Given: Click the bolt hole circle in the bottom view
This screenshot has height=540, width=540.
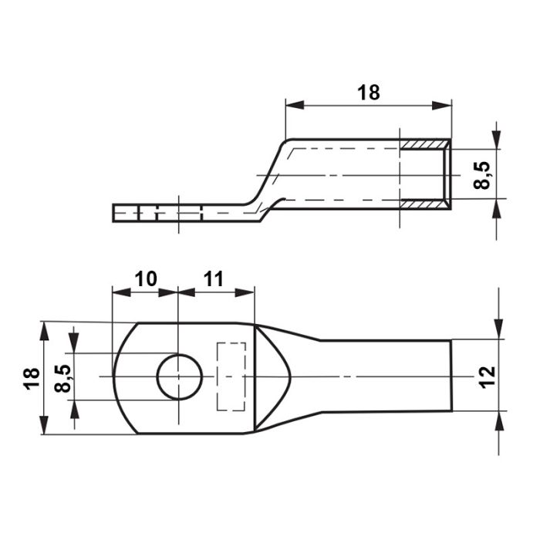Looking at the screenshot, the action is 157,377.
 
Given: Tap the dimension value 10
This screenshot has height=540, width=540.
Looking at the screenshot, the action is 146,279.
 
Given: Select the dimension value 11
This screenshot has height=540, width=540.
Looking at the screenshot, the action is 214,279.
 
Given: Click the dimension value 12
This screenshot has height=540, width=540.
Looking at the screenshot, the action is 488,378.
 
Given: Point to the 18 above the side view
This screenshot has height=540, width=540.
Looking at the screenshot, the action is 369,93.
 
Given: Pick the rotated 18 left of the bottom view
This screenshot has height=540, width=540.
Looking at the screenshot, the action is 32,379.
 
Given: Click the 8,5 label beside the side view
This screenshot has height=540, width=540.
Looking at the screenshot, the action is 482,175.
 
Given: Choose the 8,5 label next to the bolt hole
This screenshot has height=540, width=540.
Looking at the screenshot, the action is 62,378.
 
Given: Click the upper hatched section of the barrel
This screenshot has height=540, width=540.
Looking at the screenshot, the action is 424,145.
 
